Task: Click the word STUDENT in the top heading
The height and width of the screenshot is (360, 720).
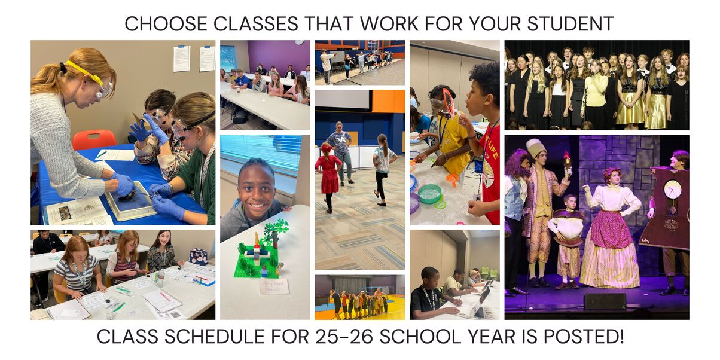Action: click(x=570, y=24)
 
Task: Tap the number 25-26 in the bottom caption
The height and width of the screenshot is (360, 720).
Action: click(x=344, y=337)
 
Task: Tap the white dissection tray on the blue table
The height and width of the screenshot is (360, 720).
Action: click(x=130, y=201)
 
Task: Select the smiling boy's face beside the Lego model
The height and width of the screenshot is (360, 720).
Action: click(x=257, y=191)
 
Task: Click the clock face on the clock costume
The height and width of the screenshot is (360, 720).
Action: click(x=672, y=189)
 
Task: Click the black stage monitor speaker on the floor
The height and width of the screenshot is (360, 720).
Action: click(x=605, y=301)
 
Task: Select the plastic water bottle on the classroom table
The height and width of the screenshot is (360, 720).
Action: click(x=160, y=277)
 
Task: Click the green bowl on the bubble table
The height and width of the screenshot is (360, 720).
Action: click(x=429, y=194)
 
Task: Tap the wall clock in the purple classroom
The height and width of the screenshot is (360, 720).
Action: click(x=299, y=42)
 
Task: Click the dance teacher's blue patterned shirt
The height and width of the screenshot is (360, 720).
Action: click(x=341, y=143)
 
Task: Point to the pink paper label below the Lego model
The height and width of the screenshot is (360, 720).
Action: click(x=274, y=286)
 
